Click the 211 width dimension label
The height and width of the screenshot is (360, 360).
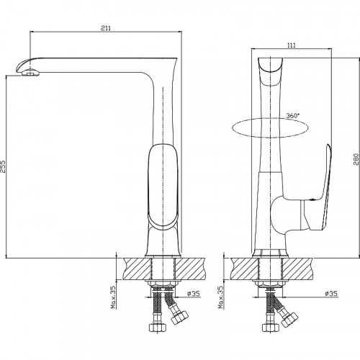tap(106, 28)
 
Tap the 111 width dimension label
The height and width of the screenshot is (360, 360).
tap(292, 45)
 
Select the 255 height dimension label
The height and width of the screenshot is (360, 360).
tap(3, 166)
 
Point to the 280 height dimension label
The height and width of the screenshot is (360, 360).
tap(356, 159)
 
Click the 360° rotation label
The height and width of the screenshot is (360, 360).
tap(292, 115)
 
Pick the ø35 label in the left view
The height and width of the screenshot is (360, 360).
tap(194, 293)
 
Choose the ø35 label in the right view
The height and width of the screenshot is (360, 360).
tap(331, 293)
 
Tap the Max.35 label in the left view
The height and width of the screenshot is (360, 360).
tap(113, 297)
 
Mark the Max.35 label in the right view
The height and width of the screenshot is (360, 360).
tap(220, 297)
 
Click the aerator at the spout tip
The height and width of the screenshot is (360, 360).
tap(30, 72)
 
